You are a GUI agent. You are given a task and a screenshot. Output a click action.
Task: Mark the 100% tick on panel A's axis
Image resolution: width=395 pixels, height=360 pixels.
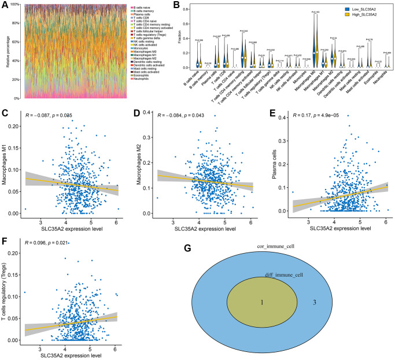[x=14, y=5]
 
